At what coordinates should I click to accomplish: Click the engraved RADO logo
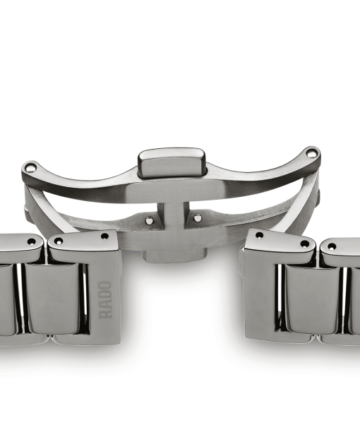click(x=105, y=300)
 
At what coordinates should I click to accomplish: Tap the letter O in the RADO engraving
click(x=105, y=285)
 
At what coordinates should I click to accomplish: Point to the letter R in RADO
click(x=106, y=314)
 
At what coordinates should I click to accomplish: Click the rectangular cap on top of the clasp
click(x=172, y=162)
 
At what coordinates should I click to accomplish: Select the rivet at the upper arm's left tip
click(x=30, y=167)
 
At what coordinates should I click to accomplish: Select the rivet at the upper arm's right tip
click(x=311, y=153)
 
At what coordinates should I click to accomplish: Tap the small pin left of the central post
click(x=149, y=220)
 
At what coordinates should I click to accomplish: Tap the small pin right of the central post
click(x=197, y=218)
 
